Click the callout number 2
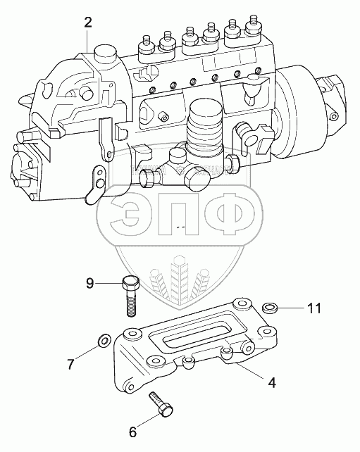tap(88, 23)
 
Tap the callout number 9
tap(90, 283)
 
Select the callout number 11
tap(314, 308)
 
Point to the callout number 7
tap(70, 364)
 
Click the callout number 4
tap(272, 383)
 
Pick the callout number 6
tap(132, 432)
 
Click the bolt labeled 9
tap(130, 296)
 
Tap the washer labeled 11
tap(270, 308)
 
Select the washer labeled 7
tap(104, 341)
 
